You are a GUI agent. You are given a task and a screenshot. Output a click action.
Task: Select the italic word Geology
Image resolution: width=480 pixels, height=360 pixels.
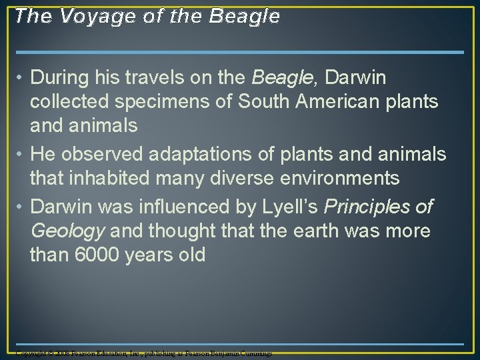(x=67, y=231)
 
